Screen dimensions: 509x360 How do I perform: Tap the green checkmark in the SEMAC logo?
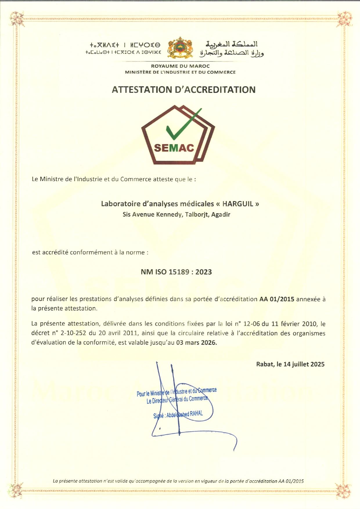[x=181, y=124]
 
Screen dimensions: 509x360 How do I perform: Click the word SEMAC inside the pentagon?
[x=174, y=148]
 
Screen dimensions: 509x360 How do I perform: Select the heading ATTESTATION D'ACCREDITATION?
[x=183, y=90]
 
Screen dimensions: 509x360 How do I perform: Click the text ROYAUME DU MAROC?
[x=180, y=66]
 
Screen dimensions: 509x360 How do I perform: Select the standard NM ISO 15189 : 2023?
[x=176, y=272]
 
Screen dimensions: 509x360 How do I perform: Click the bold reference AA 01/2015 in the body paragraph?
[x=277, y=299]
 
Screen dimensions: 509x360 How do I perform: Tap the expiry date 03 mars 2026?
[x=196, y=342]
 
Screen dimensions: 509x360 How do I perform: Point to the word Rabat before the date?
[x=265, y=364]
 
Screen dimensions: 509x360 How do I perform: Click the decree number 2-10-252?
[x=73, y=333]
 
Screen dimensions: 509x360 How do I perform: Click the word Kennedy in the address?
[x=168, y=215]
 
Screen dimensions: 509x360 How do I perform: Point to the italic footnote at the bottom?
[x=178, y=481]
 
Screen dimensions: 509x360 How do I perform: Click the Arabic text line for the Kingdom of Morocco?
[x=231, y=44]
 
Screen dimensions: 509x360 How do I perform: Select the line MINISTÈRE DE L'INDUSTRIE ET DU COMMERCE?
[x=180, y=72]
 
